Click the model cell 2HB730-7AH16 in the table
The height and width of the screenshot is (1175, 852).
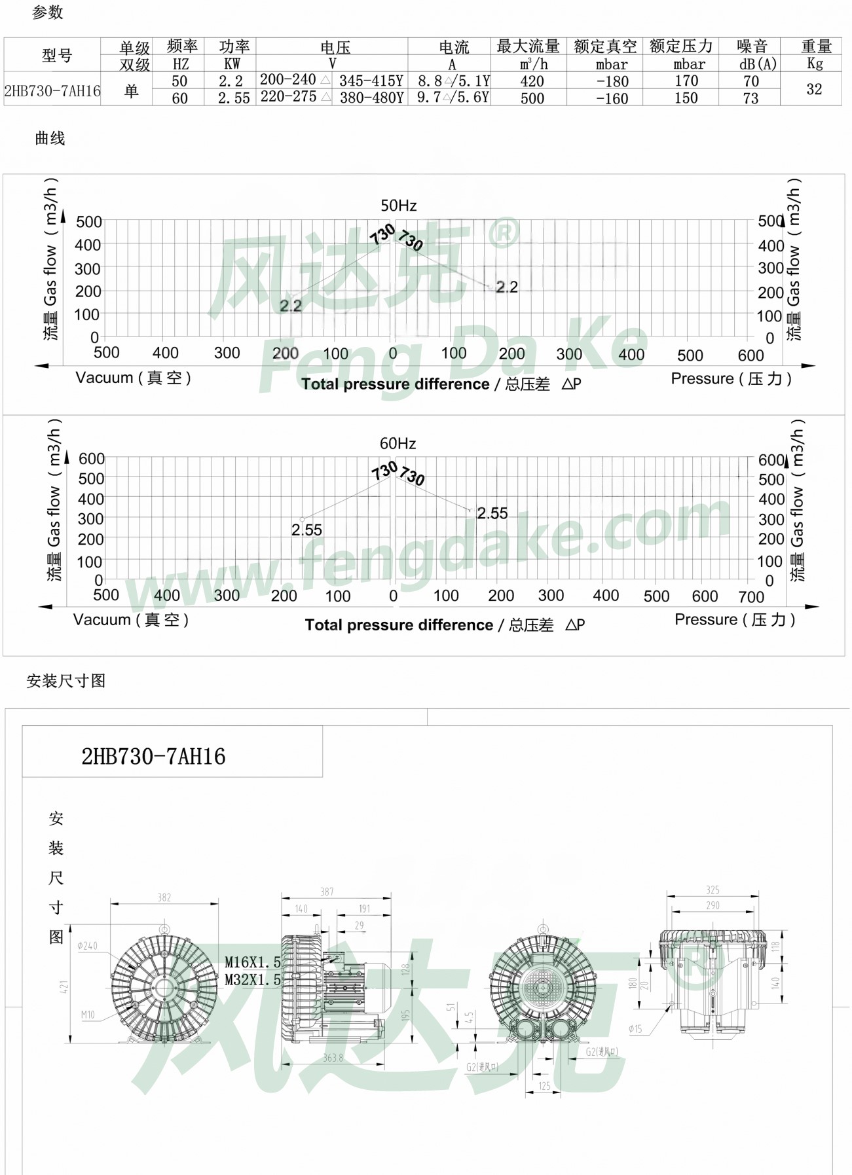coord(52,90)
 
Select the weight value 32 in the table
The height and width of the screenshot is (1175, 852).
coord(813,89)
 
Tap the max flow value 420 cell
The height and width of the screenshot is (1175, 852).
coord(532,81)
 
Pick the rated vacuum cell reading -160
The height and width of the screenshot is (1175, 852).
coord(612,99)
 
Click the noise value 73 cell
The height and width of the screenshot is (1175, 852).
coord(750,98)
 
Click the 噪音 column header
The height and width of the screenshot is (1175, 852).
coord(752,46)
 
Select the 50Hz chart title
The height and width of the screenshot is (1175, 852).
coord(398,206)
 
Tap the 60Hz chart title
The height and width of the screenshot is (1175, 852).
coord(398,443)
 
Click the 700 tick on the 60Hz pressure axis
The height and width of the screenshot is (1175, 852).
coord(750,597)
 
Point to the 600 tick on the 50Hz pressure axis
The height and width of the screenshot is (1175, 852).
coord(750,355)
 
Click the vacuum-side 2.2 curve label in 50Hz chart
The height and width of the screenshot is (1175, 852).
coord(290,306)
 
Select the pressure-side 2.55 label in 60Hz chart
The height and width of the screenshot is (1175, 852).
coord(492,513)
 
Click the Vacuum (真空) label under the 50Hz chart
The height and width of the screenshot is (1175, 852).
coord(133,378)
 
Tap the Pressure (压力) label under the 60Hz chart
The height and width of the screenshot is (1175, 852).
coord(734,619)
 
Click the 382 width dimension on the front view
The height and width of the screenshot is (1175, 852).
coord(164,897)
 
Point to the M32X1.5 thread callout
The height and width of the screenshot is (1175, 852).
coord(252,980)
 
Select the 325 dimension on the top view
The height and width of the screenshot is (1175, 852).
coord(713,890)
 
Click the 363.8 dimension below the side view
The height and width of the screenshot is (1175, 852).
coord(333,1058)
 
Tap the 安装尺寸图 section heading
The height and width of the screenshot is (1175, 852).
coord(65,681)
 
